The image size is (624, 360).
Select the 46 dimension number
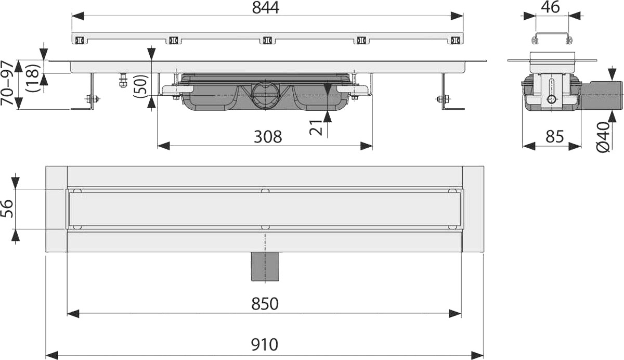[550, 7]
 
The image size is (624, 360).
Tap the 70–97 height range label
[7, 83]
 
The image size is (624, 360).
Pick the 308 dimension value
[268, 137]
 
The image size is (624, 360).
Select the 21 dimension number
[316, 127]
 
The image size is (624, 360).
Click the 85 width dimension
[554, 136]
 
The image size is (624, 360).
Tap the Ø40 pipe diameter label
[603, 137]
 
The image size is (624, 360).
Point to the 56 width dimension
[7, 209]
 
